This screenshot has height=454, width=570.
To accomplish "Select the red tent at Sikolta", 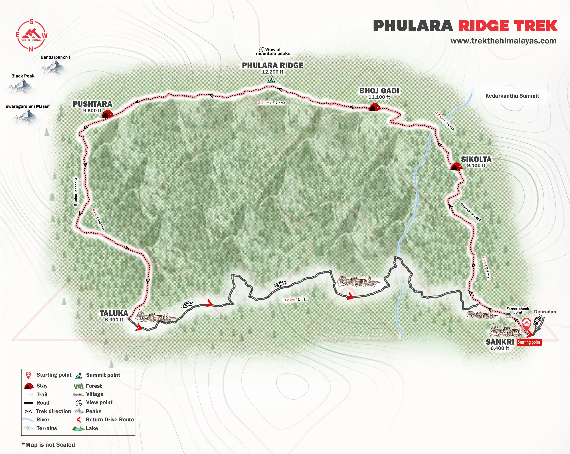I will [x=456, y=167].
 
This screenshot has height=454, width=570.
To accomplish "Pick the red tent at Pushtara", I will [x=107, y=114].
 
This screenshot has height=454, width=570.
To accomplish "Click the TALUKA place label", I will [x=114, y=313].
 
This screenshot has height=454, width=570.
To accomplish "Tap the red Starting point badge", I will [x=529, y=342].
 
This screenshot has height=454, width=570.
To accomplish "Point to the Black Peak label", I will [x=23, y=76].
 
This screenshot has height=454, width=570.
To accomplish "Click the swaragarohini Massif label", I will [x=28, y=106].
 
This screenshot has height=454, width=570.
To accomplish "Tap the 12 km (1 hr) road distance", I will [x=294, y=300].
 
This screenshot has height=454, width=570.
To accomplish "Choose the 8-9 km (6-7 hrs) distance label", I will [x=271, y=103].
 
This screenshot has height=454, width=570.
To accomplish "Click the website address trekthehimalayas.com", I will [x=503, y=41].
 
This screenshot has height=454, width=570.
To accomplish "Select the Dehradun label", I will [x=545, y=312].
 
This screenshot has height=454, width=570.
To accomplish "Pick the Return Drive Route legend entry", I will [x=109, y=419].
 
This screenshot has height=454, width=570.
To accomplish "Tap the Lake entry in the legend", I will [x=91, y=428].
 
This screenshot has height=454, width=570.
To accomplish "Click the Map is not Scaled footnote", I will [x=48, y=445].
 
